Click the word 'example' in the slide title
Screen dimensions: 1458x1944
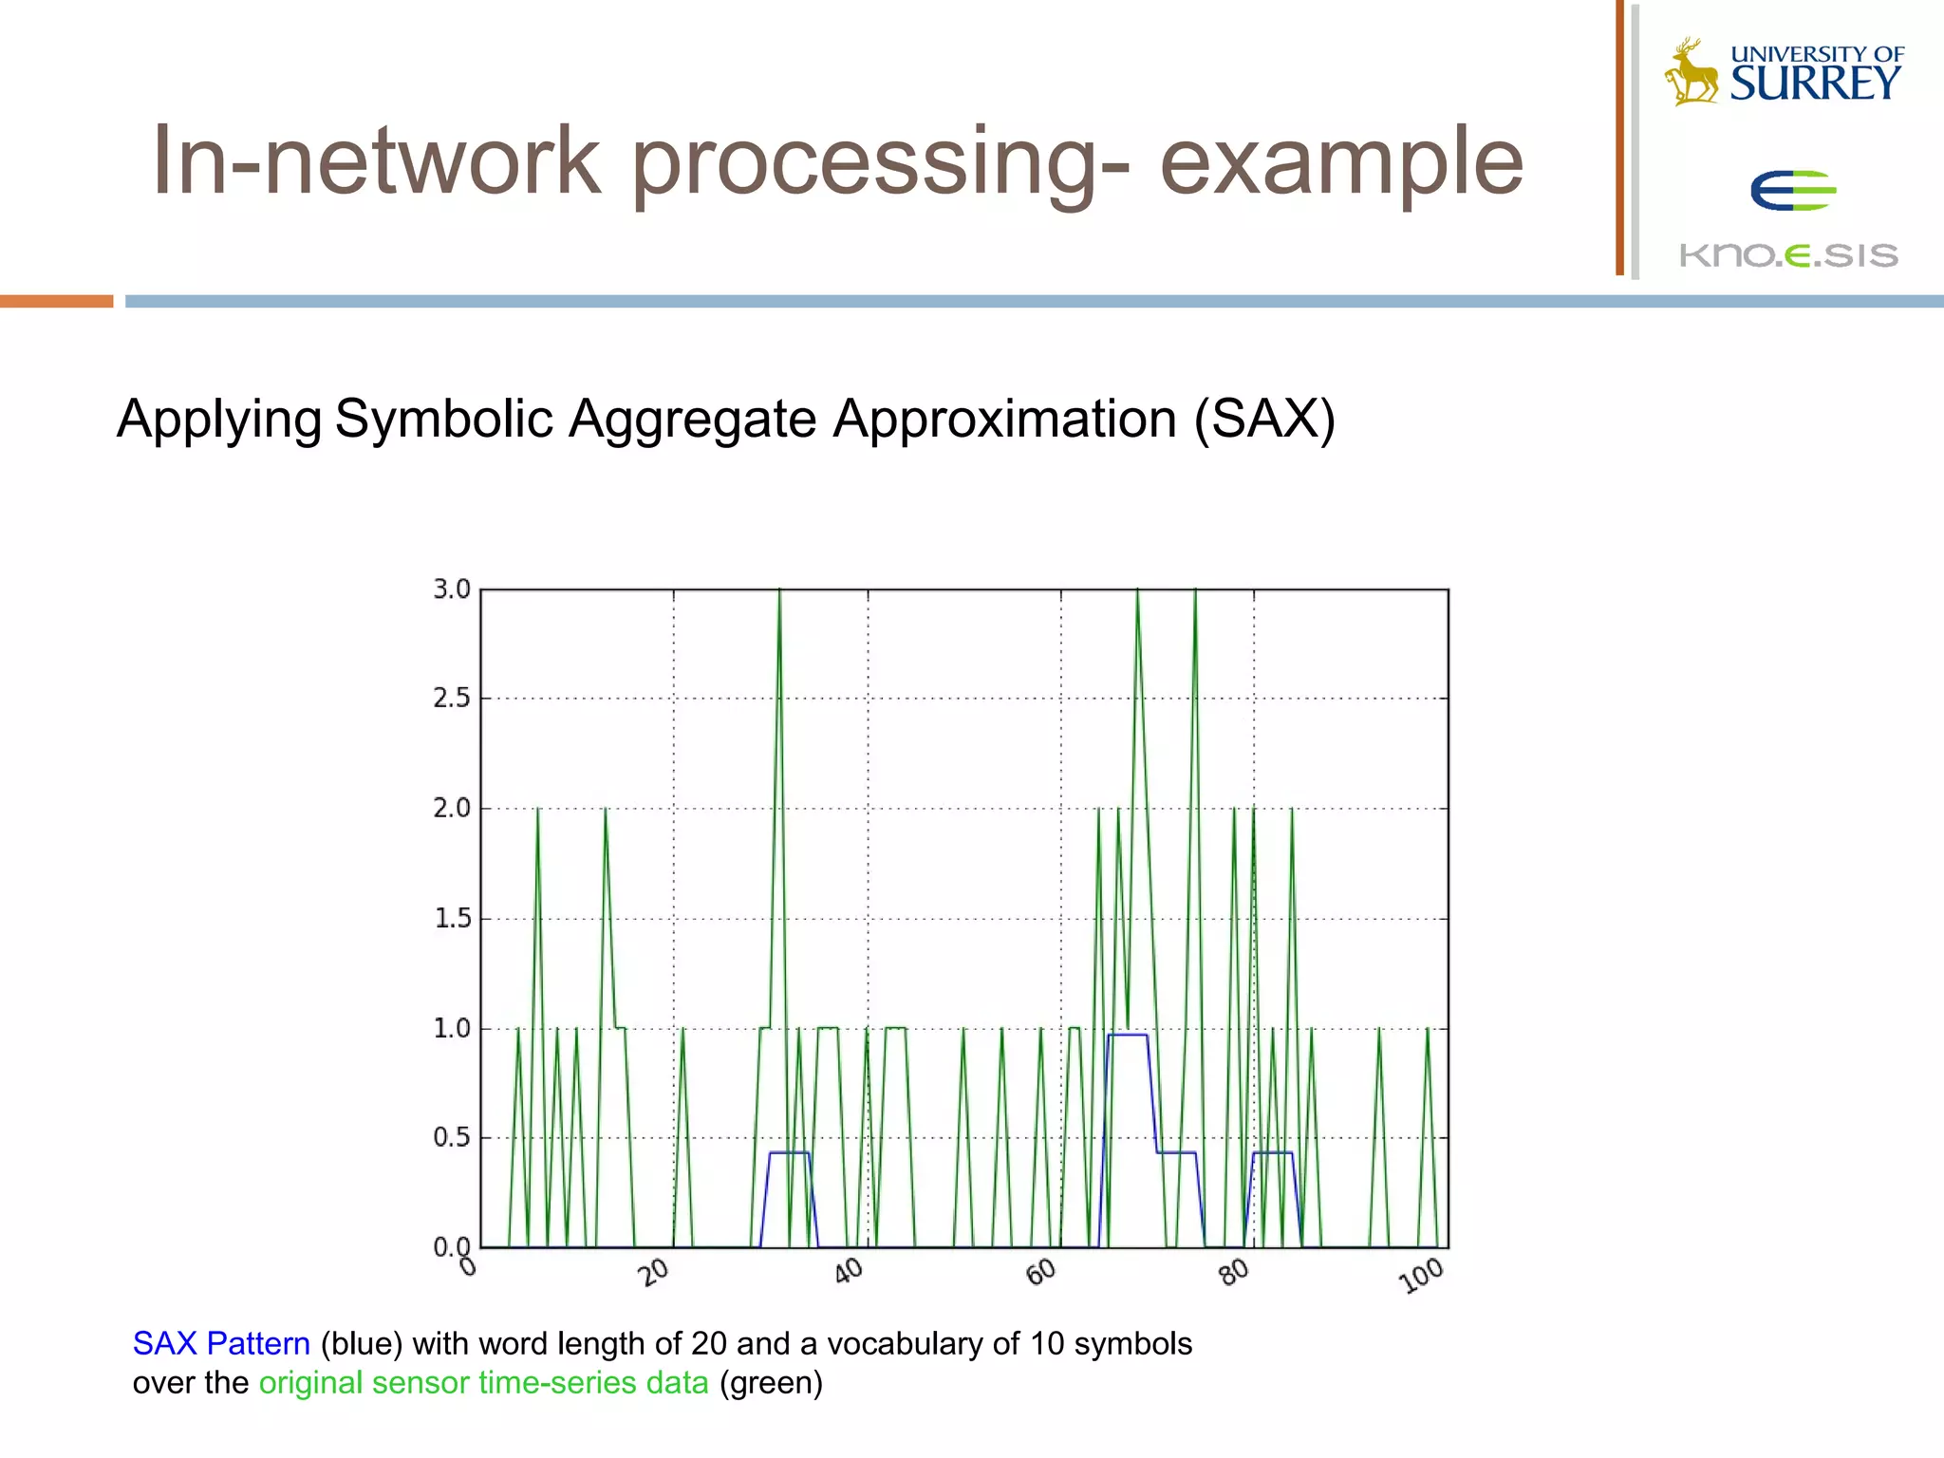pos(1340,163)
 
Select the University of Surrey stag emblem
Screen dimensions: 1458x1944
pos(1691,72)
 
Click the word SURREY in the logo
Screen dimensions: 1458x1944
pos(1815,84)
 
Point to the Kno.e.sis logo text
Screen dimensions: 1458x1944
pos(1788,255)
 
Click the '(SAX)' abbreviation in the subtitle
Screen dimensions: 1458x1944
pos(1264,419)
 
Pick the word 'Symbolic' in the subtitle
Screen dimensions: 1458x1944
pos(443,419)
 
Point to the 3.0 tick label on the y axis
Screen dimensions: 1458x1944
pos(452,589)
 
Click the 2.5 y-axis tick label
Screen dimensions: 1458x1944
pos(452,699)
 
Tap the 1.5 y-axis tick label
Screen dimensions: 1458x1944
pos(452,919)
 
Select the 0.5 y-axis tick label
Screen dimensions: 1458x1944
pos(452,1137)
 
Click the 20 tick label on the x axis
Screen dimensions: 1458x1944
pos(654,1271)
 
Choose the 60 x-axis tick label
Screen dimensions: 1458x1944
pos(1041,1271)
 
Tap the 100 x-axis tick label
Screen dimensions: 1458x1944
pos(1422,1276)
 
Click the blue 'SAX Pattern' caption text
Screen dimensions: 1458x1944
pos(221,1343)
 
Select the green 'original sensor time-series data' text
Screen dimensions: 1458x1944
pos(483,1383)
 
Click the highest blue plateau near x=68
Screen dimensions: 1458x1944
pos(1127,1035)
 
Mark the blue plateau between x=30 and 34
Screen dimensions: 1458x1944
pos(789,1152)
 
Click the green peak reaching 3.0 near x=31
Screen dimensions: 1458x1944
pos(779,593)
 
